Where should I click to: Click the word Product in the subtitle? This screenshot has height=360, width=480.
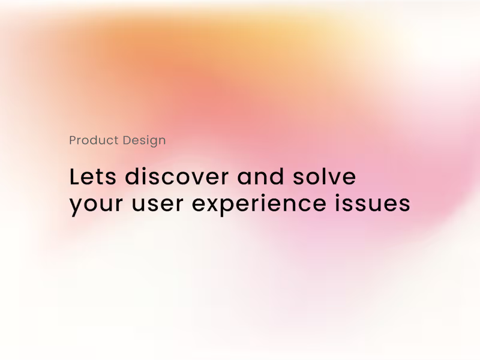pos(94,140)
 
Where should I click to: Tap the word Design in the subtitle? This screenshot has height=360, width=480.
pos(144,141)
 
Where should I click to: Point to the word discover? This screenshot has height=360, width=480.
pos(176,177)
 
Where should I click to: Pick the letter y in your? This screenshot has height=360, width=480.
pos(76,206)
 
